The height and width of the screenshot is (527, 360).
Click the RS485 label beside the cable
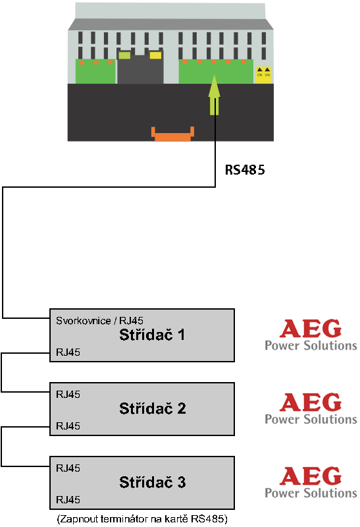(245, 170)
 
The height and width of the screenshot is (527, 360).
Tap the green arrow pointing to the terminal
(215, 95)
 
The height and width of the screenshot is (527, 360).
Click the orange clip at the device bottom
(172, 134)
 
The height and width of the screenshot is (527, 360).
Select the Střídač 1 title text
(152, 335)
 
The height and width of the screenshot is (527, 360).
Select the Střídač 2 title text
(153, 408)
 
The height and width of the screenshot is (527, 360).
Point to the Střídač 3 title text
(153, 482)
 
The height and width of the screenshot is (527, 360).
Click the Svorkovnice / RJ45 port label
(99, 321)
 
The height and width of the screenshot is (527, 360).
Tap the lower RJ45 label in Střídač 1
(68, 352)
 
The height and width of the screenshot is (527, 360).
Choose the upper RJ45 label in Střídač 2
(68, 394)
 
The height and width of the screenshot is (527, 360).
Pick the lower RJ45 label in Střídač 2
(68, 426)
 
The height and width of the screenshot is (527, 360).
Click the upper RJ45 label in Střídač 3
(68, 468)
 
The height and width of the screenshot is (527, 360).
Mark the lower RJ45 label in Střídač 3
(68, 500)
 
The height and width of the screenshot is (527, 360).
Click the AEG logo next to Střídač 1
(311, 335)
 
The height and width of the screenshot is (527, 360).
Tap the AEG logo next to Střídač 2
(311, 408)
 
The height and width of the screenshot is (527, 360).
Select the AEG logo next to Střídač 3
(311, 482)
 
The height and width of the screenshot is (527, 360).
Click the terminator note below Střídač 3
(142, 518)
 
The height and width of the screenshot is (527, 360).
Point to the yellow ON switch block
(264, 74)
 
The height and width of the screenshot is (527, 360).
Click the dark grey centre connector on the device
(140, 68)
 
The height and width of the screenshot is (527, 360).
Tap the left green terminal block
(95, 71)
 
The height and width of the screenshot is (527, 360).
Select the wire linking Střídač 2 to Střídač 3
(2, 447)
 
